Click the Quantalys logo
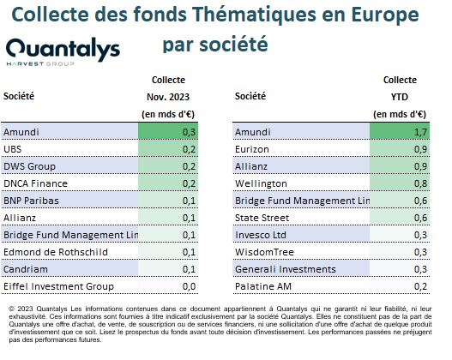pos(63,51)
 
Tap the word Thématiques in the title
pos(254,15)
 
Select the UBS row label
pos(12,149)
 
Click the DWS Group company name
pos(29,166)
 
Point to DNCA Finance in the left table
pos(35,183)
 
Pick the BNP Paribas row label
pos(31,201)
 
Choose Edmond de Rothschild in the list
pos(56,252)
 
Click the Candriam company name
pos(26,269)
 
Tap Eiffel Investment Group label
pos(59,286)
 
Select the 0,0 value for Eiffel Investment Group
pos(189,286)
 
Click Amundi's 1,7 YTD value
pos(420,132)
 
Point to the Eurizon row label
pos(252,149)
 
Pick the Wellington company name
pos(261,183)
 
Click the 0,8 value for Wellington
pos(420,183)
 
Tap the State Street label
pos(262,218)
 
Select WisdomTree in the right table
pos(264,252)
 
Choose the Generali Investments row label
pos(286,269)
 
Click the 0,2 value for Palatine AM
pos(420,286)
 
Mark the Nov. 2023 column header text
pos(168,97)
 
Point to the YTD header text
pos(400,97)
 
